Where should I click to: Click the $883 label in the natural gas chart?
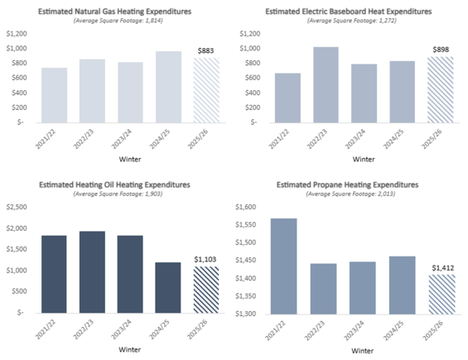pos(205,51)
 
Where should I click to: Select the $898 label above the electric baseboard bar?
pos(439,50)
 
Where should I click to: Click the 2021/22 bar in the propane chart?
pos(283,266)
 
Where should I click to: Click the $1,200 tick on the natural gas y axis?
pos(15,34)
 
